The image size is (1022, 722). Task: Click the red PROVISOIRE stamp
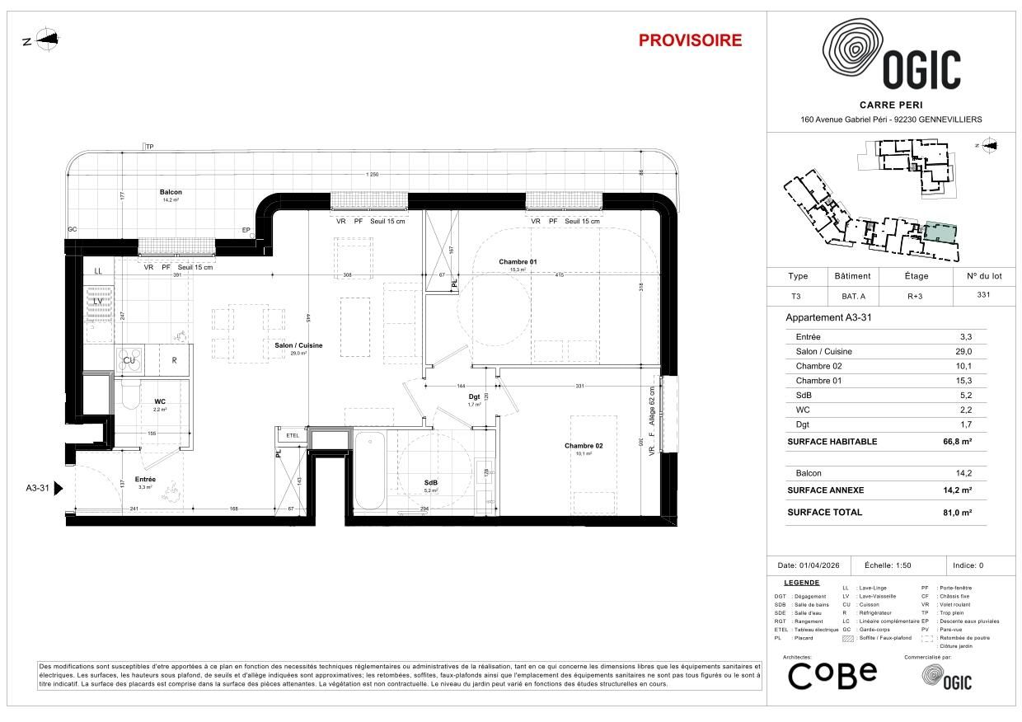(690, 40)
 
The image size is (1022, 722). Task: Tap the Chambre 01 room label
(518, 262)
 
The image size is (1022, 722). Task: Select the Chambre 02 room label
(584, 446)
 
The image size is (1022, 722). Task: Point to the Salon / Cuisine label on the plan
(298, 345)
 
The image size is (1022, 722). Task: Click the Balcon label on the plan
(171, 192)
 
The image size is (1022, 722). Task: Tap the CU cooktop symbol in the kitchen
(129, 360)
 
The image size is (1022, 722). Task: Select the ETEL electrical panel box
(293, 435)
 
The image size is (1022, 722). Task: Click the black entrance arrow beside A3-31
(58, 488)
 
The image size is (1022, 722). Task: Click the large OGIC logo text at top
(921, 70)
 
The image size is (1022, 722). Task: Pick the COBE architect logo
(832, 675)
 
